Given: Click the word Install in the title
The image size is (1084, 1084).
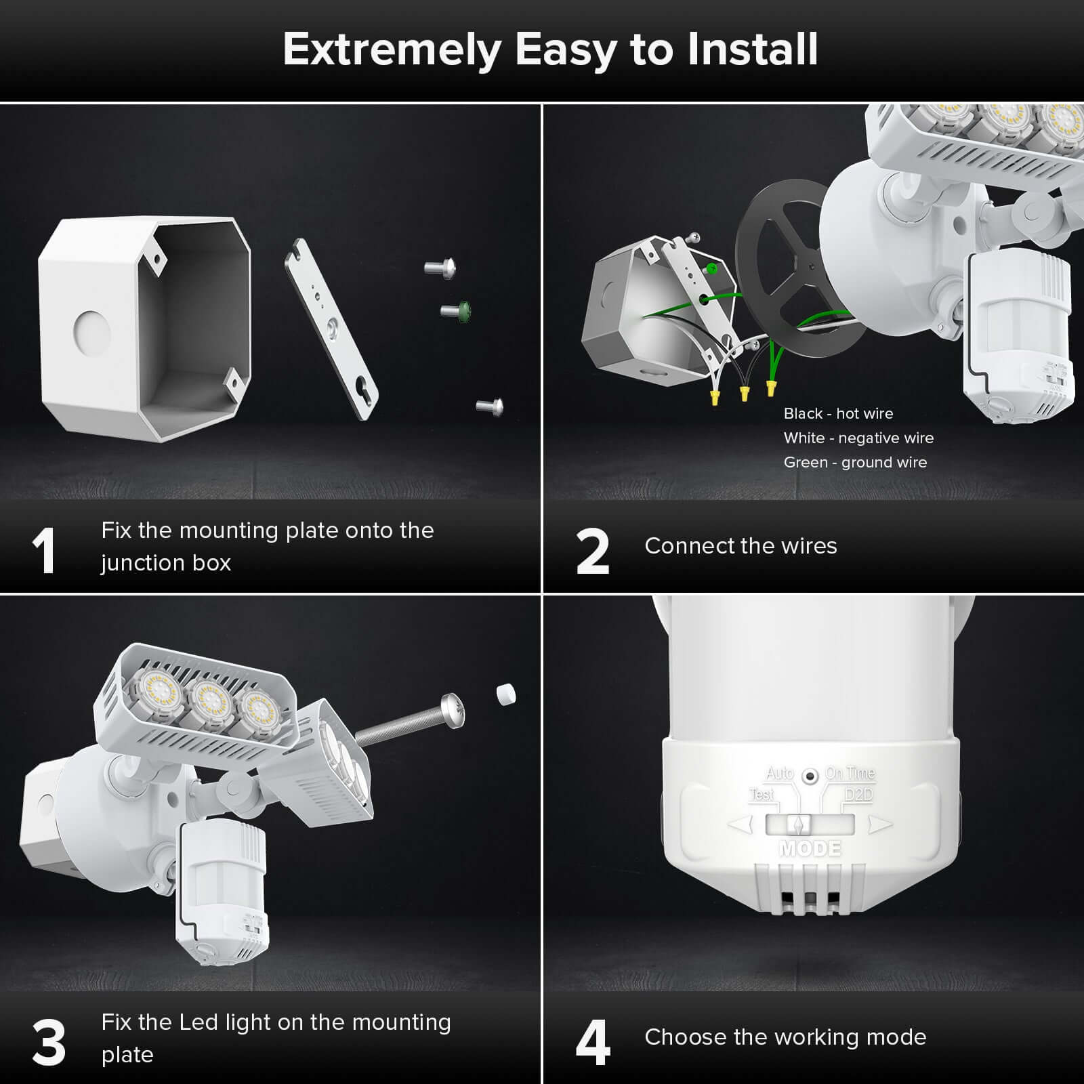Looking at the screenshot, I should point(752,49).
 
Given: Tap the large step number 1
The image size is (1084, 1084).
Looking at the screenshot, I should point(44,551).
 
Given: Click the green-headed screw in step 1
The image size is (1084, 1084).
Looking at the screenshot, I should point(457,310).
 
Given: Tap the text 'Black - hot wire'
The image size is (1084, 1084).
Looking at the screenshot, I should point(838,413).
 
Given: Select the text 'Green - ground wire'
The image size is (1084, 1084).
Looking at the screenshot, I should point(855,462).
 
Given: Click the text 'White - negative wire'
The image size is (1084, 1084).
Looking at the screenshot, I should point(858,438).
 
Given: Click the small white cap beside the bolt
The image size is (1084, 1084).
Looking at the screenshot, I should point(505,694).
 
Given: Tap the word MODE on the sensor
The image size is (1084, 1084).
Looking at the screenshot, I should point(810,848).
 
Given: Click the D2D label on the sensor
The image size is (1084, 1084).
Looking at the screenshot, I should point(858,794).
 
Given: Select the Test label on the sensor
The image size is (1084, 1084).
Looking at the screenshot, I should point(762,794).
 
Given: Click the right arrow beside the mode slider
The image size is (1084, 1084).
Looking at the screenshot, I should point(880,825).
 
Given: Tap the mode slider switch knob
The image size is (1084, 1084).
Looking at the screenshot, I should point(800,825).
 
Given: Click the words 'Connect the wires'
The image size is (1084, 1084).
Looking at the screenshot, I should point(741,545).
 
